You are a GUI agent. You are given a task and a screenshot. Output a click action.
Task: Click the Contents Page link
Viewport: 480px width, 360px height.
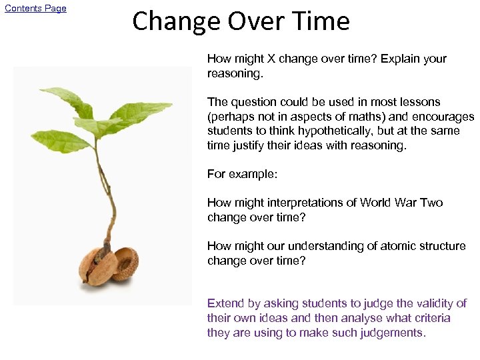36,9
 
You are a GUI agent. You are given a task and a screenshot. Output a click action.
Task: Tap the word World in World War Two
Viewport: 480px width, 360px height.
376,203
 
